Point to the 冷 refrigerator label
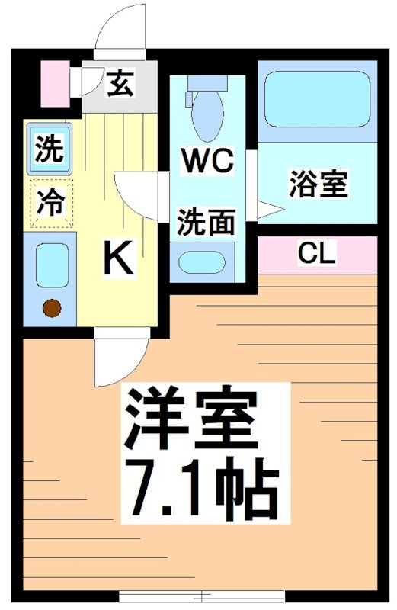click(x=50, y=202)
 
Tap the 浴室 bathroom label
click(x=318, y=185)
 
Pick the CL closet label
click(x=317, y=254)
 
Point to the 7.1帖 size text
click(x=200, y=486)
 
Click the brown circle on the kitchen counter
click(x=51, y=308)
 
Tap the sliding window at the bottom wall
click(x=202, y=596)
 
